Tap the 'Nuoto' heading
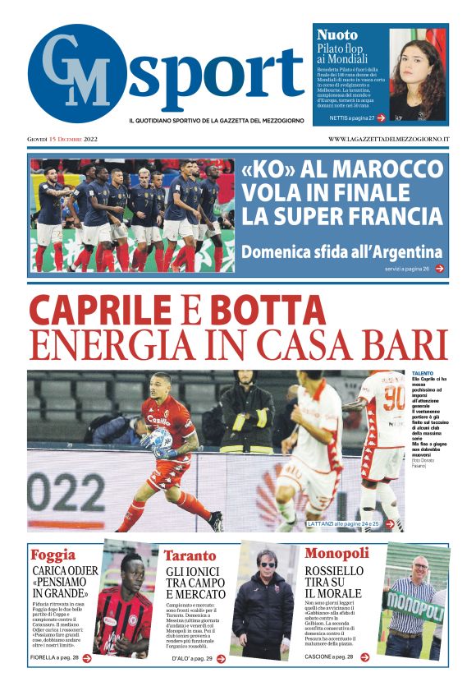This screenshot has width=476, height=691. [337, 35]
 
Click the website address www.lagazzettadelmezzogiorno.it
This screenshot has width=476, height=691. [388, 139]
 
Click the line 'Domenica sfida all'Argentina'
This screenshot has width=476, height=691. [341, 251]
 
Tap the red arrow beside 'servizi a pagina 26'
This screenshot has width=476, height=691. [441, 269]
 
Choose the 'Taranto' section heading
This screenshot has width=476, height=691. [190, 555]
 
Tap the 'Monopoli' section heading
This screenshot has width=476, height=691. [336, 553]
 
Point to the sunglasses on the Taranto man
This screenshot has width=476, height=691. [267, 564]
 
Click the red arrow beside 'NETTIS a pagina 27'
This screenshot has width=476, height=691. [382, 118]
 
